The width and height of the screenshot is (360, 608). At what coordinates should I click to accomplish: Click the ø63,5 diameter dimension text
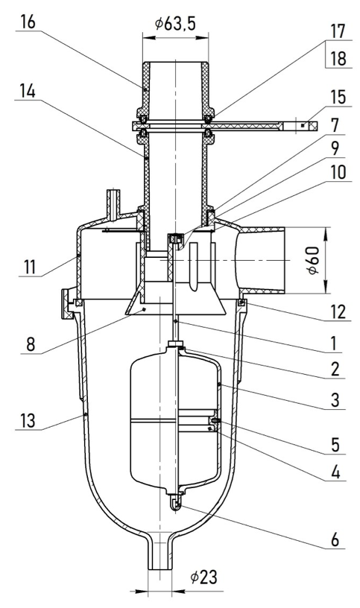[x=175, y=24]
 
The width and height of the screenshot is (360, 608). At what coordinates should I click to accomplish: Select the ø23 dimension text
[x=203, y=577]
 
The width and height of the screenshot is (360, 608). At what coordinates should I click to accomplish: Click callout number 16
[x=28, y=22]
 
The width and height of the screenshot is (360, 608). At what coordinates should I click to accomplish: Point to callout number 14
[x=28, y=92]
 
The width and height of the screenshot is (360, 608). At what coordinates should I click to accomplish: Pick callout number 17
[x=338, y=31]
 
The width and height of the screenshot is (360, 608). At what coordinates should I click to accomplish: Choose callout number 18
[x=338, y=60]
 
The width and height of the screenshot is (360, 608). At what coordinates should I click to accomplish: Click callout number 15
[x=338, y=98]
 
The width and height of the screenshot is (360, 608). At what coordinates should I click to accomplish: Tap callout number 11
[x=29, y=267]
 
